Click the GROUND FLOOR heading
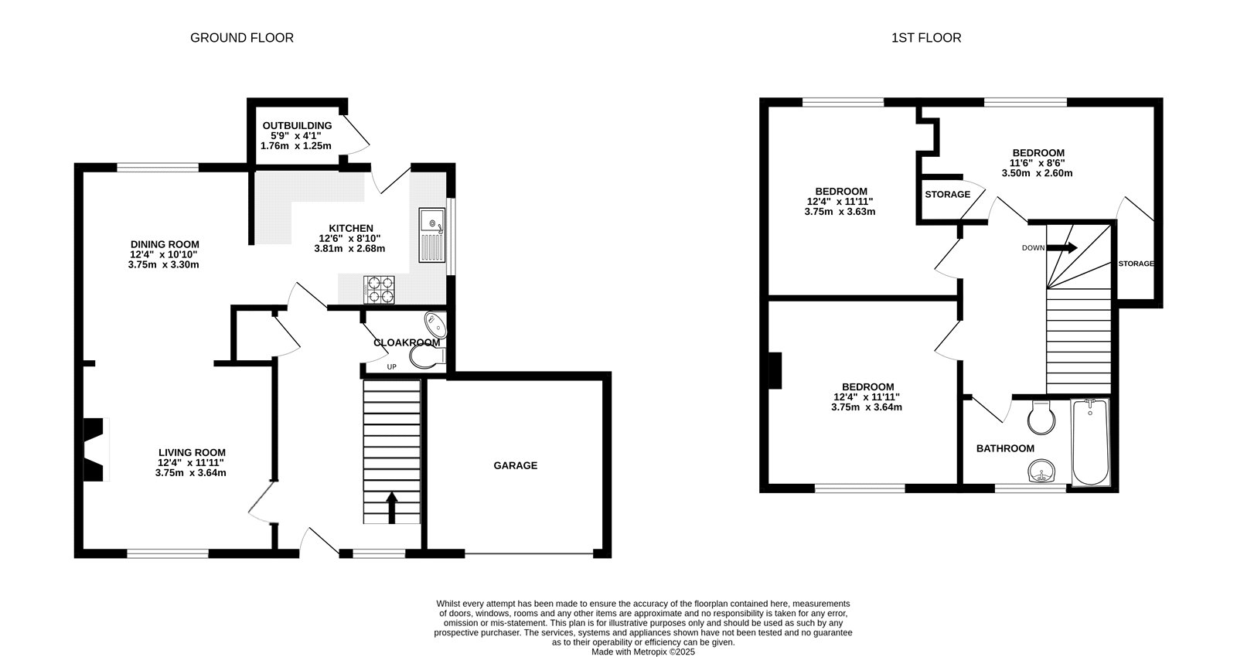point(242,38)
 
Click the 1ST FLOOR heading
point(926,38)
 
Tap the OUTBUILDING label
point(297,126)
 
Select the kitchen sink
point(432,235)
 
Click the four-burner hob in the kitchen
point(380,290)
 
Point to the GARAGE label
point(515,465)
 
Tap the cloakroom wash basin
point(436,325)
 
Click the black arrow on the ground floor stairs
point(391,508)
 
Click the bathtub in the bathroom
point(1090,442)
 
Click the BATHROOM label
point(1005,448)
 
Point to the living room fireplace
point(95,449)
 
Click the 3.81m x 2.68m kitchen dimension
point(349,248)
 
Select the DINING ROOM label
point(165,244)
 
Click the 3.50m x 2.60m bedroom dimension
point(1037,173)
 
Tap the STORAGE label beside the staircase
point(1136,264)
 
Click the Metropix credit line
point(642,652)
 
